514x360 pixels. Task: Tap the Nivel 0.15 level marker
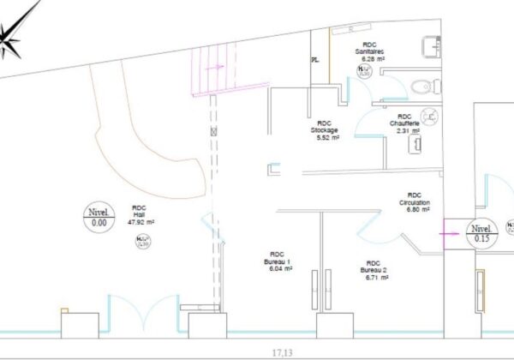tap(481, 234)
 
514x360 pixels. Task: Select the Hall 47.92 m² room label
tap(139, 215)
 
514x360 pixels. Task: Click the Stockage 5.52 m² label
tap(324, 130)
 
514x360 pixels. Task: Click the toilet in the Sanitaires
tap(423, 86)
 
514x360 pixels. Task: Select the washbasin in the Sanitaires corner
tap(429, 45)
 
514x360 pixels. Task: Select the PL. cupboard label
tap(316, 60)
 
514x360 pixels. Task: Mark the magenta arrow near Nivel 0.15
tap(448, 229)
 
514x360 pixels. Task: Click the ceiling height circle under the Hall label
tap(145, 241)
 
